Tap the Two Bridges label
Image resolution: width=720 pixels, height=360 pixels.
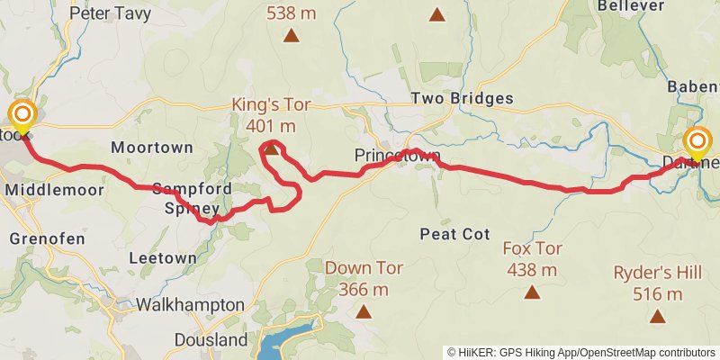462,98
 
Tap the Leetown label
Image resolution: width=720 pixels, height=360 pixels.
162,257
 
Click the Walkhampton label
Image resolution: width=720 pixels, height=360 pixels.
190,304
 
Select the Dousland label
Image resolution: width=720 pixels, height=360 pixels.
211,340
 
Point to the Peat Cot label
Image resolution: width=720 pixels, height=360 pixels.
454,234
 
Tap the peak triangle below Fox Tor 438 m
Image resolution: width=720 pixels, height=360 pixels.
533,292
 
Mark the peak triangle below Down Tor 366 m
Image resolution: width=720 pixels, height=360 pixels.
363,311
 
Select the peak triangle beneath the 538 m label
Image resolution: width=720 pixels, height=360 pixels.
291,36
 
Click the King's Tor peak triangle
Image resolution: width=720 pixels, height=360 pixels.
271,148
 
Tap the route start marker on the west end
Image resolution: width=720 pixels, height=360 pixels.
22,116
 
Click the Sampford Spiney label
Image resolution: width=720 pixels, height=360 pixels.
192,197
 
